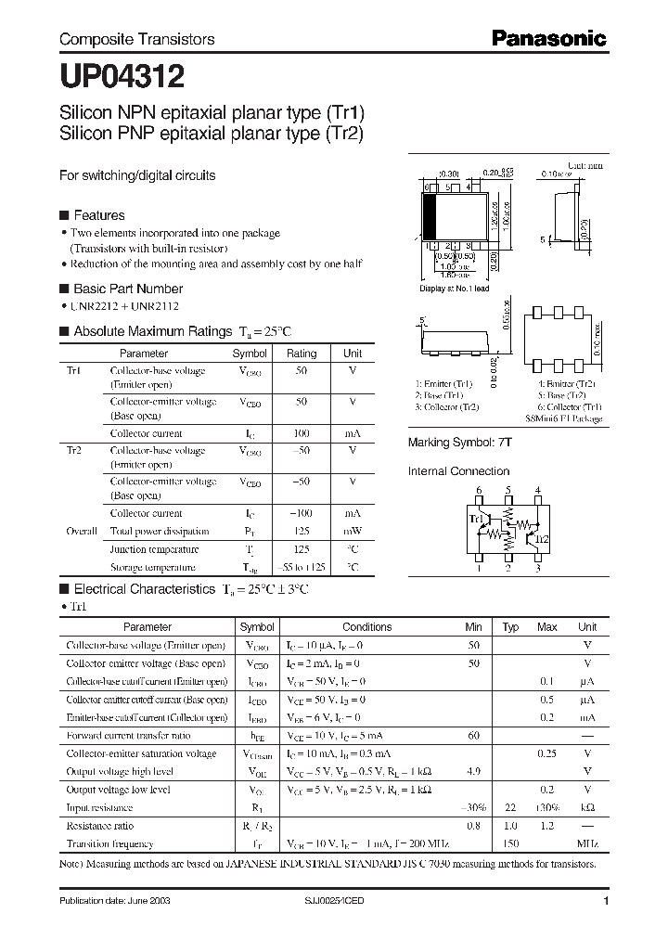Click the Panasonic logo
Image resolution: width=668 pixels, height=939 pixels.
(x=548, y=38)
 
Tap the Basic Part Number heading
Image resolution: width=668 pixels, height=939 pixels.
(x=127, y=289)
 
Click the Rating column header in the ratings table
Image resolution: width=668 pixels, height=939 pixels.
(x=302, y=354)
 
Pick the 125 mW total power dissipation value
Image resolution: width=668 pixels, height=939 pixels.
(x=302, y=532)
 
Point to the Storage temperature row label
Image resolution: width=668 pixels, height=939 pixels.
(x=153, y=567)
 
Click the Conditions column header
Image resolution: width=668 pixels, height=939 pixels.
(x=367, y=627)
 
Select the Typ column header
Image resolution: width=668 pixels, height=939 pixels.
(x=510, y=627)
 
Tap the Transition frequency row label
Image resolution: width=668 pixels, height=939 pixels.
(x=109, y=843)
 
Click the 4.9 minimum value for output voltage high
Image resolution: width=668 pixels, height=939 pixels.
(x=473, y=771)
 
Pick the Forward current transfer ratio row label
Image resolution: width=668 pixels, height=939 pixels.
(x=129, y=735)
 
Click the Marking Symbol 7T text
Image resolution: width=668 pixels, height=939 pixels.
(x=459, y=444)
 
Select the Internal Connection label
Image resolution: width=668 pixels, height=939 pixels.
(x=458, y=471)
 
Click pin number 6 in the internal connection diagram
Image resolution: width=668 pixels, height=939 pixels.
(x=479, y=490)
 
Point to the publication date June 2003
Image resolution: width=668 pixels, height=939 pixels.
(x=113, y=901)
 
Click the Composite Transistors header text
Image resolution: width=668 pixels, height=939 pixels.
(x=136, y=39)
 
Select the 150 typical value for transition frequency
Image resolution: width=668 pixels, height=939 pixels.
(x=510, y=843)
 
